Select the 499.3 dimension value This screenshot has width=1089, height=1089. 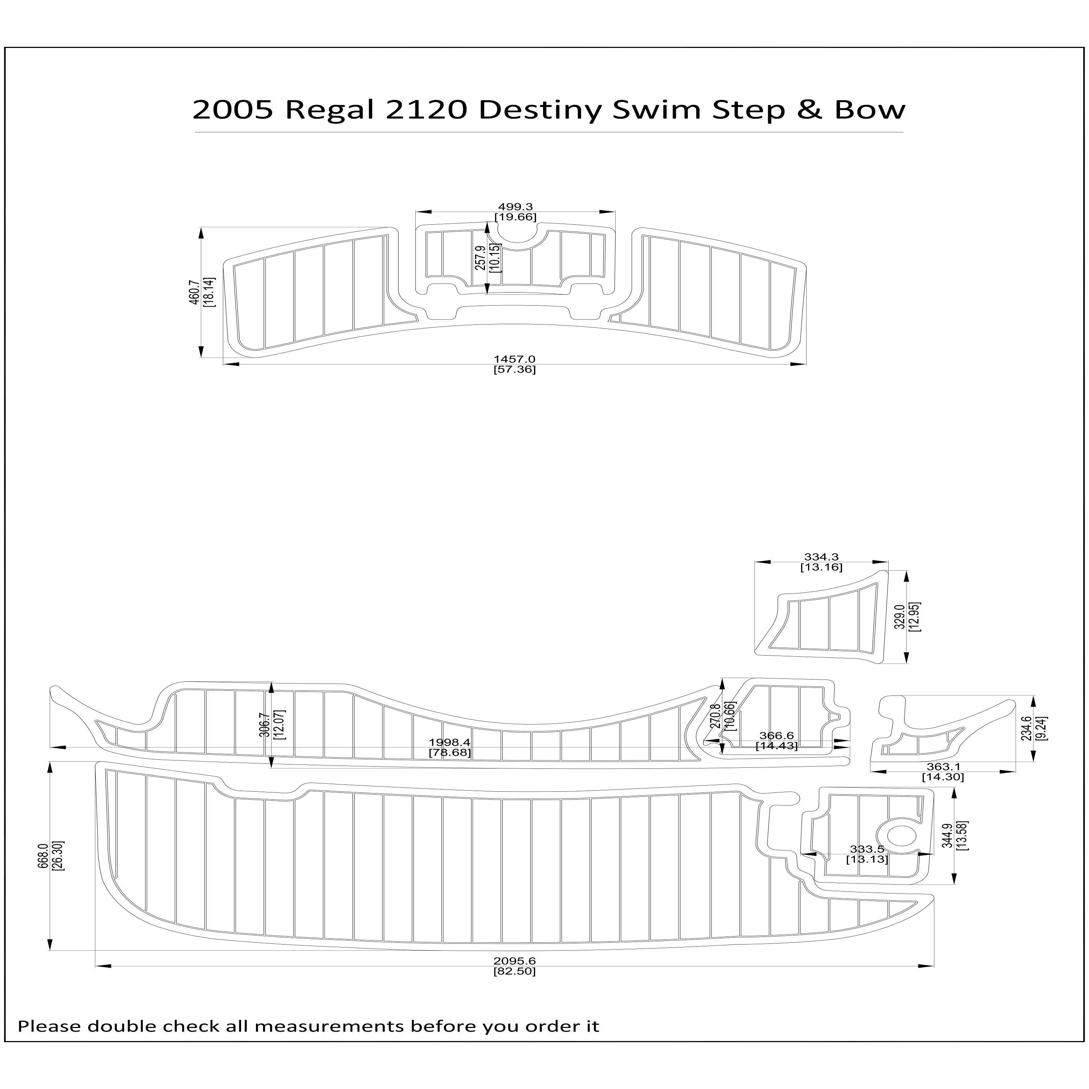click(x=515, y=207)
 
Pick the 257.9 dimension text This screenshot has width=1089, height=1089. click(x=480, y=258)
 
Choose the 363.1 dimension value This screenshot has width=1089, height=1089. click(x=942, y=767)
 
